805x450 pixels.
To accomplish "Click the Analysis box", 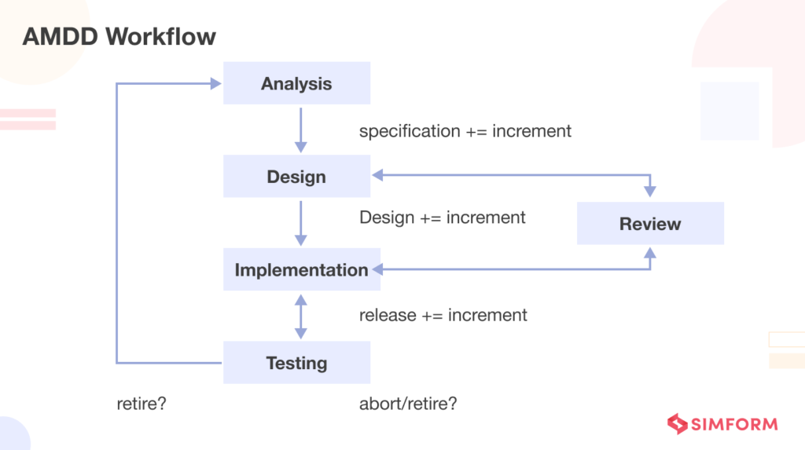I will [296, 83].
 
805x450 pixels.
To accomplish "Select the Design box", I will [296, 177].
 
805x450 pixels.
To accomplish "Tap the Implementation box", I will [301, 269].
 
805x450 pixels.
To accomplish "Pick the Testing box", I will [296, 363].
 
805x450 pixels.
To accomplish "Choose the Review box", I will [650, 224].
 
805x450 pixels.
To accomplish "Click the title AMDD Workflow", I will [119, 36].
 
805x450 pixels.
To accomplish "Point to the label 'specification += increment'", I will [465, 131].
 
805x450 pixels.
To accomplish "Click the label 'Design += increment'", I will [442, 217].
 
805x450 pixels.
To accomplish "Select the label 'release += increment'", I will [443, 315].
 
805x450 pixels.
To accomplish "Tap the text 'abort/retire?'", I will [408, 404].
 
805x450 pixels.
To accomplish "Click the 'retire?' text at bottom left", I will [142, 404].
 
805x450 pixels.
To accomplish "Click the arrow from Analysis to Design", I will [300, 130].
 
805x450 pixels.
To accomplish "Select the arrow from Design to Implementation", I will [300, 222].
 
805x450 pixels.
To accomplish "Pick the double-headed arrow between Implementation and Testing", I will [300, 316].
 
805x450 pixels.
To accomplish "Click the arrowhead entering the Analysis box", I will [216, 83].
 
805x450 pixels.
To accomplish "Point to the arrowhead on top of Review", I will [650, 191].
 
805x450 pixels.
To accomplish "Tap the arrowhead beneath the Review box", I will [650, 252].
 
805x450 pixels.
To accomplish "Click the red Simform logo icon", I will [677, 424].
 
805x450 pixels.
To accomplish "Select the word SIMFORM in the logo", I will [734, 425].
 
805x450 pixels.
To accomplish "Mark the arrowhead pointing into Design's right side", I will [378, 176].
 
